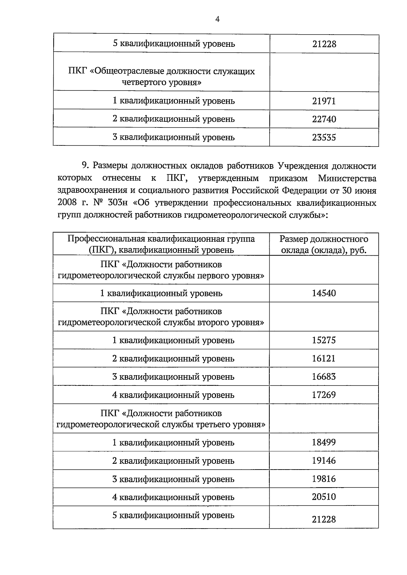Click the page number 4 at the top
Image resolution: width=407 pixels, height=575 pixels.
coord(217,20)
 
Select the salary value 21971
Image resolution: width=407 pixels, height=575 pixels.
coord(324,101)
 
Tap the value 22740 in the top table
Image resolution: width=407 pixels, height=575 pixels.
coord(324,119)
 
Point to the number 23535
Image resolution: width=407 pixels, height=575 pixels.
coord(324,138)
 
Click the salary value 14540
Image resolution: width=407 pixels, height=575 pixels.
coord(324,293)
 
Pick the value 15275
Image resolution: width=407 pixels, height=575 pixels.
coord(324,340)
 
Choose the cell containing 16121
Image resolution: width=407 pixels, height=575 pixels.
coord(324,359)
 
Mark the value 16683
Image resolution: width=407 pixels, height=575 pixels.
coord(324,377)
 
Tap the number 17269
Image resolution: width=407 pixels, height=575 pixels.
coord(324,395)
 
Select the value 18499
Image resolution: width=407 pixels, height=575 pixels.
coord(324,442)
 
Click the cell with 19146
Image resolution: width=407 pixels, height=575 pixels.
coord(324,461)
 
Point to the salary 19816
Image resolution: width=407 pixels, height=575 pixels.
coord(324,479)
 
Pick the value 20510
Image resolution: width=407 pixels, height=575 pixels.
coord(324,497)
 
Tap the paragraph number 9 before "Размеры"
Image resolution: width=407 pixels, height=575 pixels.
coord(85,166)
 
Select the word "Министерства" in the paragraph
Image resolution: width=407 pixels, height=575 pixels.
coord(347,178)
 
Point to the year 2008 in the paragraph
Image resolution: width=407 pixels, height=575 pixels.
coord(67,203)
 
